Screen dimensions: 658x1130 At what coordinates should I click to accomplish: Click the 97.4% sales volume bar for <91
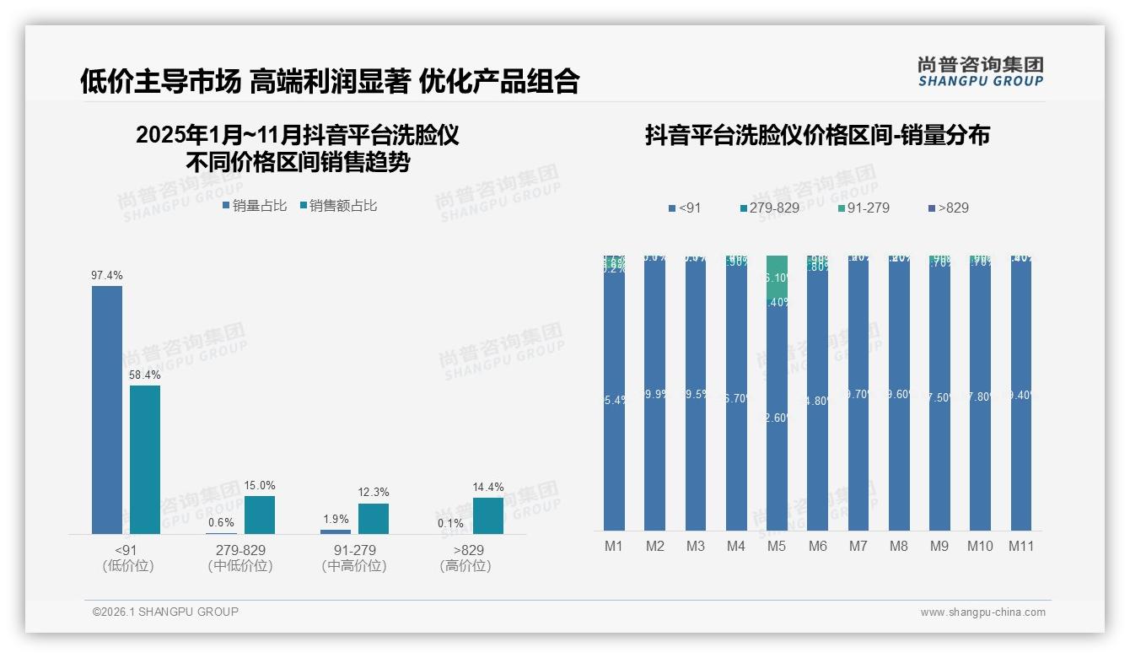click(107, 410)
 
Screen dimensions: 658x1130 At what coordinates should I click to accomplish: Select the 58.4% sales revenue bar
click(145, 460)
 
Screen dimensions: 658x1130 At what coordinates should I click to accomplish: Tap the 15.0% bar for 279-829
click(260, 515)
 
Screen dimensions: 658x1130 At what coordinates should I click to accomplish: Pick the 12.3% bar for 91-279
click(374, 519)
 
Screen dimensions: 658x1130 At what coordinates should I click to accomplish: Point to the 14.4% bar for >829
click(488, 515)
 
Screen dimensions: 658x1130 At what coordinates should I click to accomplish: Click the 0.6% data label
click(221, 523)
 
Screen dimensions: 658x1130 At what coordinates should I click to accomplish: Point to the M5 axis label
click(777, 547)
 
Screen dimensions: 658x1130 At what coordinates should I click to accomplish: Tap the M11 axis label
click(1022, 547)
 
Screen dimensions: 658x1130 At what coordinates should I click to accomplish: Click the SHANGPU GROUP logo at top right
click(980, 72)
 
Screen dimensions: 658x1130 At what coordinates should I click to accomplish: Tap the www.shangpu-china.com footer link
click(982, 612)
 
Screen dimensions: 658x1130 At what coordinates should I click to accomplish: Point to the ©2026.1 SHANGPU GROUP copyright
click(165, 612)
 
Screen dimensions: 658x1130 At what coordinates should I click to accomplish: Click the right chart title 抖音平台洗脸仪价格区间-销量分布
click(817, 135)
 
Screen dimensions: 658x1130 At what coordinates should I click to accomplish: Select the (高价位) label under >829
click(465, 566)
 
